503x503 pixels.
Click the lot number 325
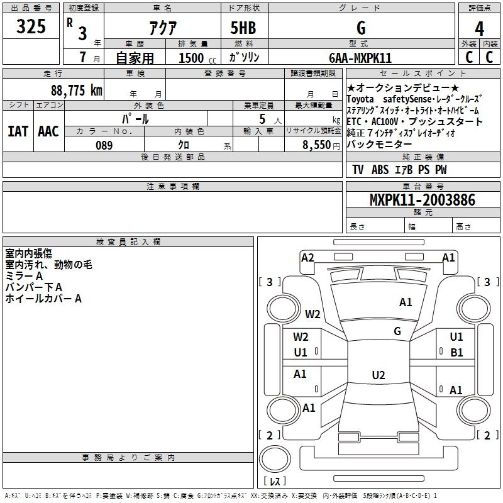31,26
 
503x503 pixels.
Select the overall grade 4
479,29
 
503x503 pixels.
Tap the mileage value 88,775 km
76,91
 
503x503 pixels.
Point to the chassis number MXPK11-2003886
423,200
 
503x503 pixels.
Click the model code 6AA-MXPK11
360,58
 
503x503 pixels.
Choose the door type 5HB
243,28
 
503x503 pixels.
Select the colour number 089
104,145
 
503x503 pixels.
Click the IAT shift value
18,131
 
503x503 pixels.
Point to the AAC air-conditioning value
48,131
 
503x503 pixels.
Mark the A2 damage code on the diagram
307,258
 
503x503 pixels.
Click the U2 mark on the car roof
379,375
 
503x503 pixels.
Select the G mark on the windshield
397,331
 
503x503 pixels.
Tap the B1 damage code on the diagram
456,353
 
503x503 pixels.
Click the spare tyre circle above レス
275,458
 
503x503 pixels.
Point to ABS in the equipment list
380,170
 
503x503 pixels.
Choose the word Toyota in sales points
360,99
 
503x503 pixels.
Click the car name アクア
163,28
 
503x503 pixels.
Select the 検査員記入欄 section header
128,242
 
